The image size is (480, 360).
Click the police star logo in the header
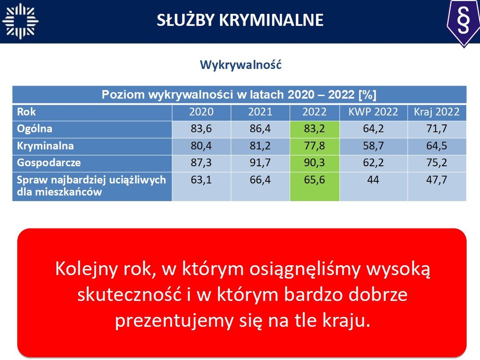coord(20,21)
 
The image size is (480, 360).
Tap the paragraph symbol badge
coord(464,23)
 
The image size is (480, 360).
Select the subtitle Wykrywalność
coord(240,64)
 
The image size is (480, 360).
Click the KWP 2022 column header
coord(373,112)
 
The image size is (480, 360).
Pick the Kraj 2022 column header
coord(436,112)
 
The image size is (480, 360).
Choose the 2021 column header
coord(260,112)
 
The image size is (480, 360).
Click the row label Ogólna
coord(35,129)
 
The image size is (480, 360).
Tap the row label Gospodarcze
coord(49,163)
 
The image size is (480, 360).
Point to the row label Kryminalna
coord(45,146)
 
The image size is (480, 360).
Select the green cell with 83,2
coord(315,129)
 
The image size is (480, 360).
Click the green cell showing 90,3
coord(315,163)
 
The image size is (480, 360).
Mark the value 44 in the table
coord(373,180)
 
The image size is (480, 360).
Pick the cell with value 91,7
coord(260,163)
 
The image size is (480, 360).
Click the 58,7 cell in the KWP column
coord(373,146)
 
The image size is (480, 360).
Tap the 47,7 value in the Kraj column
coord(436,180)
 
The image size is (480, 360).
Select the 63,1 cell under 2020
coord(201,186)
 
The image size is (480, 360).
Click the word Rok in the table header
coord(26,112)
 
